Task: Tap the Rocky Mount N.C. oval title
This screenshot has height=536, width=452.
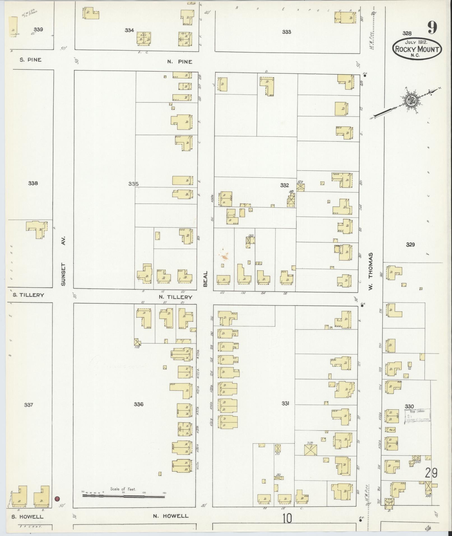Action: coord(417,49)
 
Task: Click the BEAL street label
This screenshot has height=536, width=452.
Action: coord(205,279)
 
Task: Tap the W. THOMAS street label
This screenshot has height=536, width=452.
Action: coord(371,271)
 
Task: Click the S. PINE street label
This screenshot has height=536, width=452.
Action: coord(31,60)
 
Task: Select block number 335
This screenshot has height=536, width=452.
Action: coord(133,184)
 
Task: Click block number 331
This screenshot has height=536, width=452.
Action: coord(285,403)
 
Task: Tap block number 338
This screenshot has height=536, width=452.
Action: coord(33,183)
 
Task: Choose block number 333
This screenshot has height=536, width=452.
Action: coord(286,32)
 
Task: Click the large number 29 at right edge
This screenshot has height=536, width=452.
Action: coord(431,473)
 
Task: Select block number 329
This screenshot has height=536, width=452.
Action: coord(410,245)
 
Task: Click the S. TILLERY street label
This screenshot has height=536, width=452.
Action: coord(28,295)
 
